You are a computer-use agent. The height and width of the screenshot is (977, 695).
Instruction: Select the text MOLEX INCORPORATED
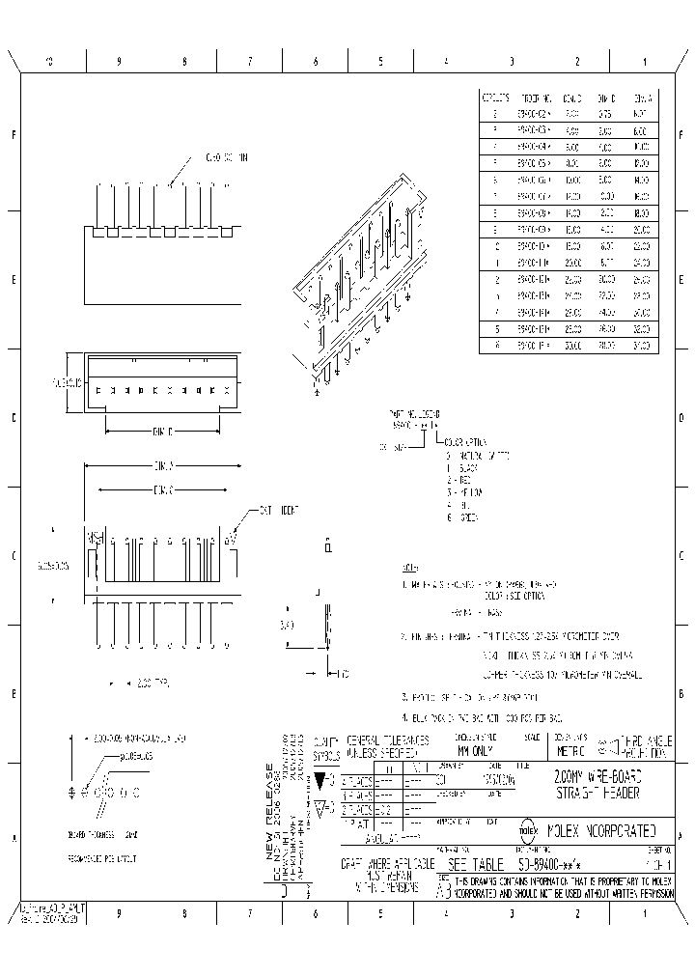(x=602, y=829)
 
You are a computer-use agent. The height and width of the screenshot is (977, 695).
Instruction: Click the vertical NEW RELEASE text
(x=270, y=811)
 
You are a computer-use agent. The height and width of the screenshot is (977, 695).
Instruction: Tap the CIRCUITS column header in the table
(x=495, y=98)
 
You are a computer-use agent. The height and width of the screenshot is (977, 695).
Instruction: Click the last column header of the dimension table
(x=642, y=98)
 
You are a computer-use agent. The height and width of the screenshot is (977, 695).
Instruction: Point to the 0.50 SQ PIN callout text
(x=229, y=156)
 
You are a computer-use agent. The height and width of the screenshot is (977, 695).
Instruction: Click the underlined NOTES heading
(x=409, y=568)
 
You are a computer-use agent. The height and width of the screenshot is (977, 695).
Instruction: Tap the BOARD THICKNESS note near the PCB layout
(x=103, y=833)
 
